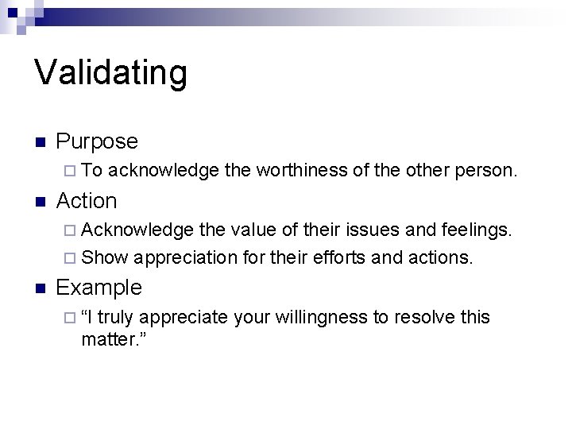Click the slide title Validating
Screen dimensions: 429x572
(111, 72)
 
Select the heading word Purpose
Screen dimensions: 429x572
(97, 141)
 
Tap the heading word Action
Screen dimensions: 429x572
(87, 201)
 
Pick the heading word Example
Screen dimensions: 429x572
(99, 287)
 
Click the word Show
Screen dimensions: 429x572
(104, 257)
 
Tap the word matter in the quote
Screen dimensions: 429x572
(109, 340)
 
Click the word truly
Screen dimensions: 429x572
(114, 318)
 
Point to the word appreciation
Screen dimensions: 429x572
(186, 257)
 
